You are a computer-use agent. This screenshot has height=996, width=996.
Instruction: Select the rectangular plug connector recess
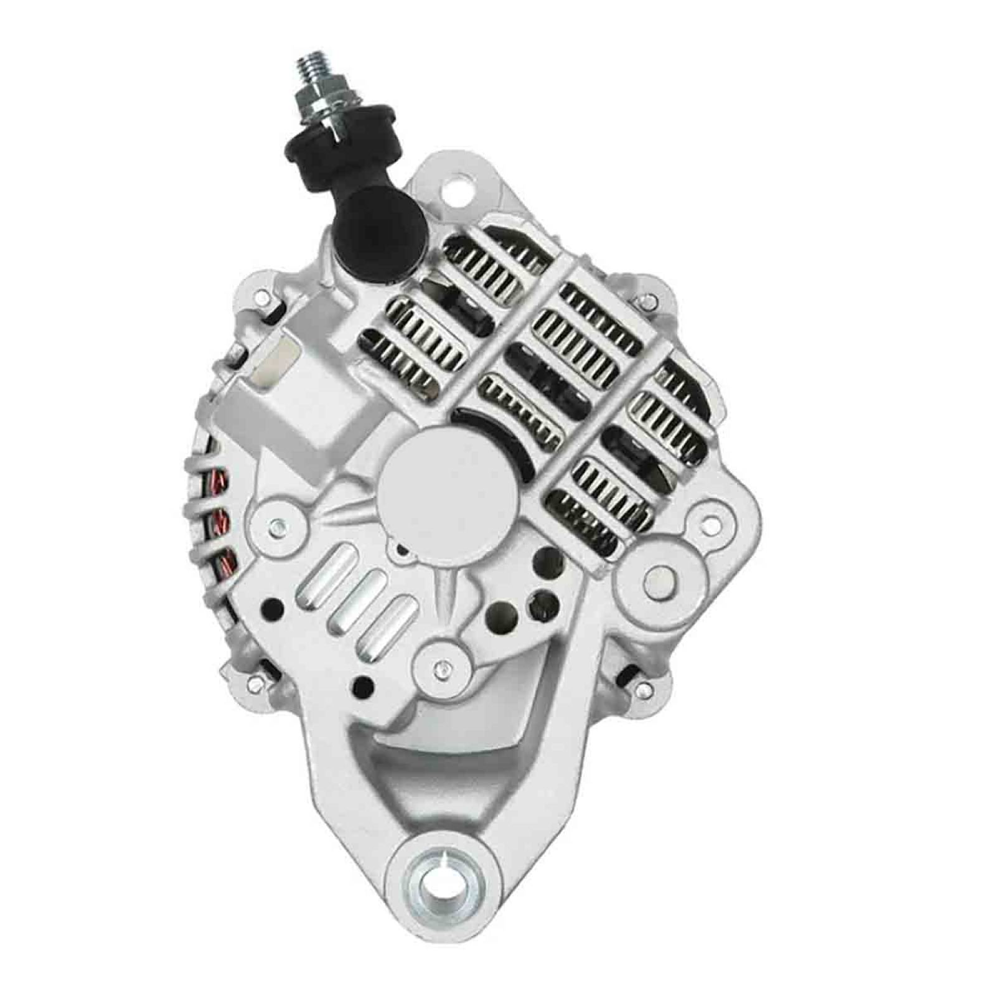click(x=277, y=360)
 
